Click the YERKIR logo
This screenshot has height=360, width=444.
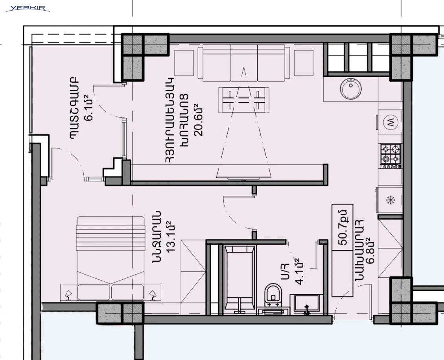point(28,8)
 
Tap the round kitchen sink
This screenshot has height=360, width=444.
point(351,89)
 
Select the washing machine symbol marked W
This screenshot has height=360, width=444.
point(391,122)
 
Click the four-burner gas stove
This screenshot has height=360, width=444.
point(391,156)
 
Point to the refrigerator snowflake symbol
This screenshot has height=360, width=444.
point(391,200)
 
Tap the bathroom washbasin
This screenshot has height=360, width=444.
point(306,304)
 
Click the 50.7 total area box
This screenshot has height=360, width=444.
point(343,227)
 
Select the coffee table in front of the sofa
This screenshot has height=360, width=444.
point(244,100)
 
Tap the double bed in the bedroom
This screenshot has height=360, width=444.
point(111,259)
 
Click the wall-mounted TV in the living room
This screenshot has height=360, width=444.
point(243,178)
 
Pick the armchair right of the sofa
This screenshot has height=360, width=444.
point(304,63)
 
